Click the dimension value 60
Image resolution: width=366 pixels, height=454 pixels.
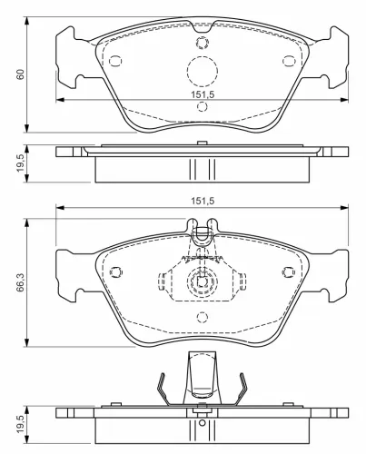[20, 74]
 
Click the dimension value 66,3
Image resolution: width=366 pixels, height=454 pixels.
[20, 283]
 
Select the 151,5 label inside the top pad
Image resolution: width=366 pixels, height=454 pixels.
[203, 94]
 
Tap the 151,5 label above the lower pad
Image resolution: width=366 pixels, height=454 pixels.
[203, 201]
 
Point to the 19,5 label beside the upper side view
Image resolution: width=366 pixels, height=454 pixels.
[20, 163]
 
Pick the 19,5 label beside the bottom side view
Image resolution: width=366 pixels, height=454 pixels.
[20, 424]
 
